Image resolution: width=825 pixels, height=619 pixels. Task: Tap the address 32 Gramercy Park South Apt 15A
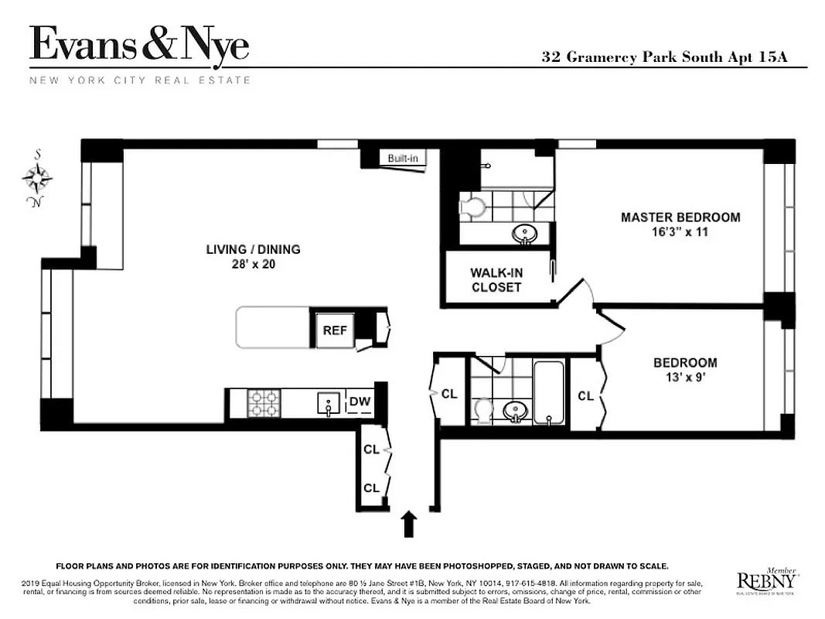[664, 57]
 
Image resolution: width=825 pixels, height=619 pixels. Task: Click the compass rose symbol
[36, 179]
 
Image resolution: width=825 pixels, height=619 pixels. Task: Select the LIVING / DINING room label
[253, 249]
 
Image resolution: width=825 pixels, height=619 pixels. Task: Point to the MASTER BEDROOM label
[680, 217]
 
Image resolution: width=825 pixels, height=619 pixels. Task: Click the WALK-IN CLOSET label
[496, 280]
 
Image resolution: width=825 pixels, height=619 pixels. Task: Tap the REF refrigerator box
[334, 330]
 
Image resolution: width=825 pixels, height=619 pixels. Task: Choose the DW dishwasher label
[359, 402]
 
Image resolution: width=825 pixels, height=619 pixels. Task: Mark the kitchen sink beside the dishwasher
[328, 402]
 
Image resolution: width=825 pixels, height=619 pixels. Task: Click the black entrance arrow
[410, 524]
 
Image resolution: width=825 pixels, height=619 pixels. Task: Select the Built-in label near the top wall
[403, 159]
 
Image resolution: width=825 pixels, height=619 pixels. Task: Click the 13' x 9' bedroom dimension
[684, 378]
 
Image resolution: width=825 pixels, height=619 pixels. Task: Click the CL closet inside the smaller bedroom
[585, 395]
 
